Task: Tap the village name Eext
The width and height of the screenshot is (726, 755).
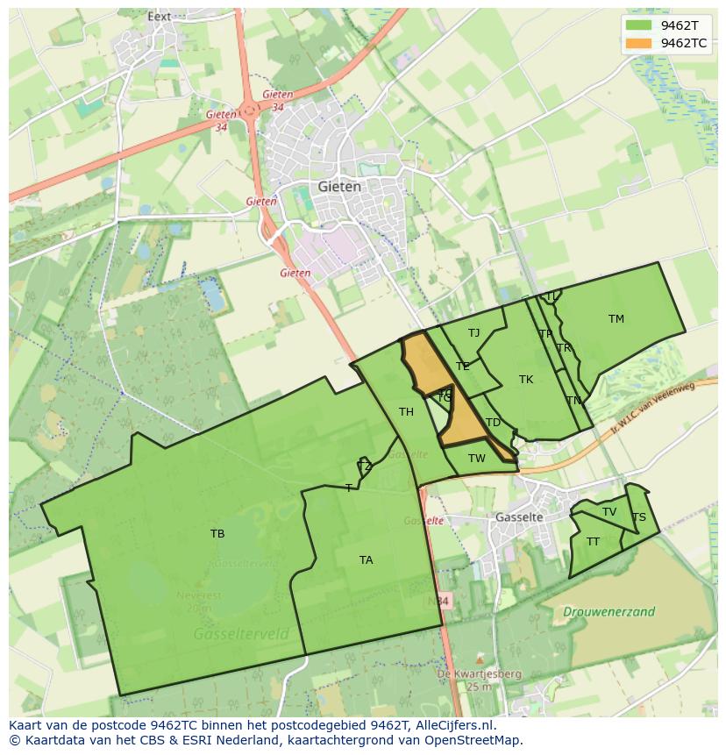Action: point(159,16)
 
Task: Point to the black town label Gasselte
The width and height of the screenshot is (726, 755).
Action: point(519,517)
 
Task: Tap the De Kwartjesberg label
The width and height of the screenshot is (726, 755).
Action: point(466,673)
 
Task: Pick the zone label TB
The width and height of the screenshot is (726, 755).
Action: point(217,533)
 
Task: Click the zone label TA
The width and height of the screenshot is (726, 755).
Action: point(366,559)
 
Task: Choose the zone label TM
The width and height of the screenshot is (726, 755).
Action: point(616,319)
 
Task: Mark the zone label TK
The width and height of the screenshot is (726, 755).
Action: point(525,380)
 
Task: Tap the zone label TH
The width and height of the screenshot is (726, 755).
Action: point(406,411)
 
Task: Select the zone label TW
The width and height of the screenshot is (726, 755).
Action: point(476,458)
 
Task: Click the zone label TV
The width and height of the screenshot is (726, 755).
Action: point(609,512)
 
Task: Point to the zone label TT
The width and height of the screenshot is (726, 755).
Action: point(593,541)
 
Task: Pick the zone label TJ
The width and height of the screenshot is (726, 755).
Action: point(473,332)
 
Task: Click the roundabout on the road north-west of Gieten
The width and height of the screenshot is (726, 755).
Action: point(250,110)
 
